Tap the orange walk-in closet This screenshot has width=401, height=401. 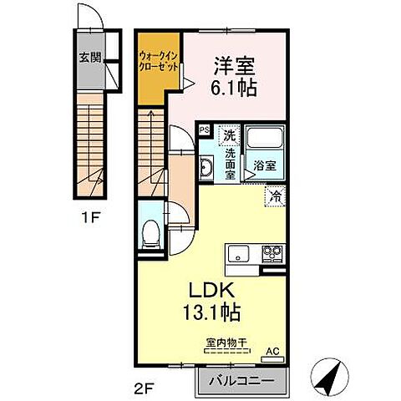click(x=157, y=68)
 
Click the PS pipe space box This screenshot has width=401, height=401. click(x=204, y=129)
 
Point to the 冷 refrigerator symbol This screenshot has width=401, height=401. click(x=276, y=197)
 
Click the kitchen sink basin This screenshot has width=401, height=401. click(x=239, y=251)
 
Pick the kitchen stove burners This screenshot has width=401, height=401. click(x=273, y=251)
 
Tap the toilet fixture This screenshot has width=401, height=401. click(x=150, y=234)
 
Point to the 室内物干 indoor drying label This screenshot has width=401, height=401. click(x=221, y=341)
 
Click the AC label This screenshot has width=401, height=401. click(x=272, y=350)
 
